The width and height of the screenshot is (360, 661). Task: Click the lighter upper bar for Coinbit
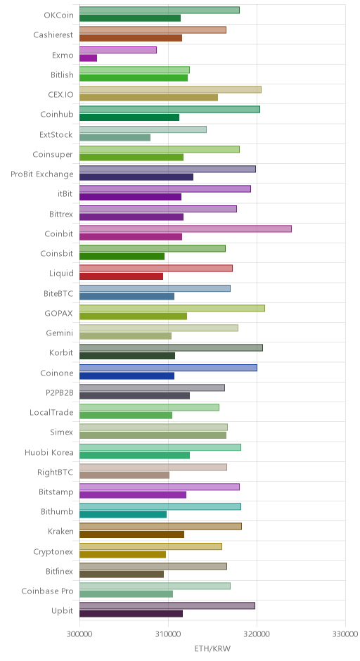coord(186,229)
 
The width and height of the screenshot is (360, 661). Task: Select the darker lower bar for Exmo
coord(88,58)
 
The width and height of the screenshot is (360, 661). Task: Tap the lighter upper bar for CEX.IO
coord(170,89)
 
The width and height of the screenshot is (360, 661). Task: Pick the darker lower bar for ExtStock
coord(115,137)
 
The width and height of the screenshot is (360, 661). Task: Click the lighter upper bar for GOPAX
coord(172,308)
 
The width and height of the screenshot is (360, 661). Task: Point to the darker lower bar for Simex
coord(153,435)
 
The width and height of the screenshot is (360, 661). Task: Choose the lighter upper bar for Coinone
coord(168,368)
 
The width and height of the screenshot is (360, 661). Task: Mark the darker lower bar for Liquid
coord(122,276)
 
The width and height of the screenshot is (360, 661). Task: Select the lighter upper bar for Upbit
coord(167,605)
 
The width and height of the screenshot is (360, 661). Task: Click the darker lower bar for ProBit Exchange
coord(136,177)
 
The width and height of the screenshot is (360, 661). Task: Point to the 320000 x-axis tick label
coord(257,634)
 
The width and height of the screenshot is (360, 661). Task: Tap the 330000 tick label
coord(345,634)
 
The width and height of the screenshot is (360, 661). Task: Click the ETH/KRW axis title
coord(212,648)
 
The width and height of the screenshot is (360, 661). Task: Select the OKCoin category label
coord(58,15)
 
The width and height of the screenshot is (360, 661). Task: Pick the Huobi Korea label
coord(49,452)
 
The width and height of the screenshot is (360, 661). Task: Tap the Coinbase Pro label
coord(48,591)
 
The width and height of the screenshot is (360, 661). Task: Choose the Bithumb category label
coord(58,512)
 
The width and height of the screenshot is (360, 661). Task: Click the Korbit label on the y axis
coord(61,353)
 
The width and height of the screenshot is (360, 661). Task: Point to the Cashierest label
coord(53,35)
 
